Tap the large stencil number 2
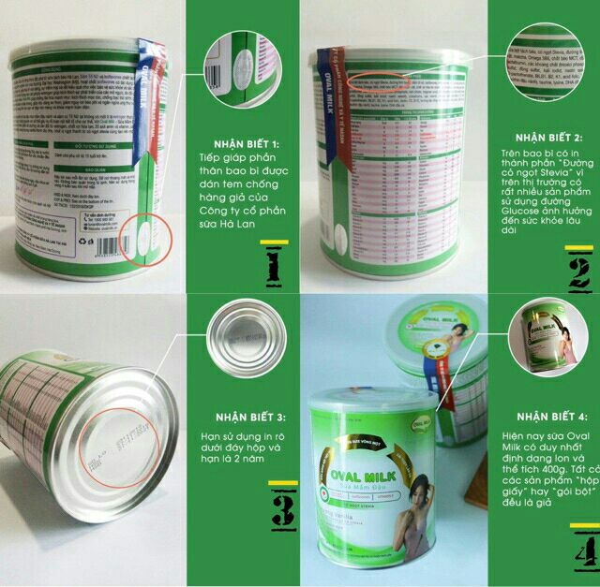[576, 273]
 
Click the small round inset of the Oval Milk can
[544, 342]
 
